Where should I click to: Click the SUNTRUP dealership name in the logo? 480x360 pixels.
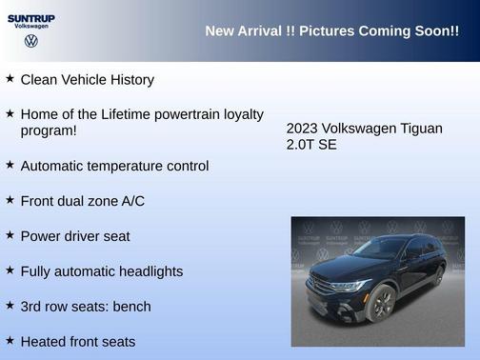coord(31,17)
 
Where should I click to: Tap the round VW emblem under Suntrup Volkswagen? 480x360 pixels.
coord(31,41)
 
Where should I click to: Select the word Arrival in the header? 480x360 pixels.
coord(256,30)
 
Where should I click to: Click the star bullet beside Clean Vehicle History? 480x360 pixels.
coord(10,79)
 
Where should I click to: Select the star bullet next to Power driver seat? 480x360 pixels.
coord(10,234)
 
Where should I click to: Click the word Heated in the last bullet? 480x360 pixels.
coord(43,341)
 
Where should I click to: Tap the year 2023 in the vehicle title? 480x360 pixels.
coord(302,128)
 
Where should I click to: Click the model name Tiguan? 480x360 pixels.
coord(420,128)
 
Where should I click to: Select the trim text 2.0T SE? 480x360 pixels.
coord(311,145)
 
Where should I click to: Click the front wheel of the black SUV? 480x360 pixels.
coord(382,303)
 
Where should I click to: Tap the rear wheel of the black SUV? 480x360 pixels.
coord(437,276)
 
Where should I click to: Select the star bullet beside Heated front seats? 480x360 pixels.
coord(10,340)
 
